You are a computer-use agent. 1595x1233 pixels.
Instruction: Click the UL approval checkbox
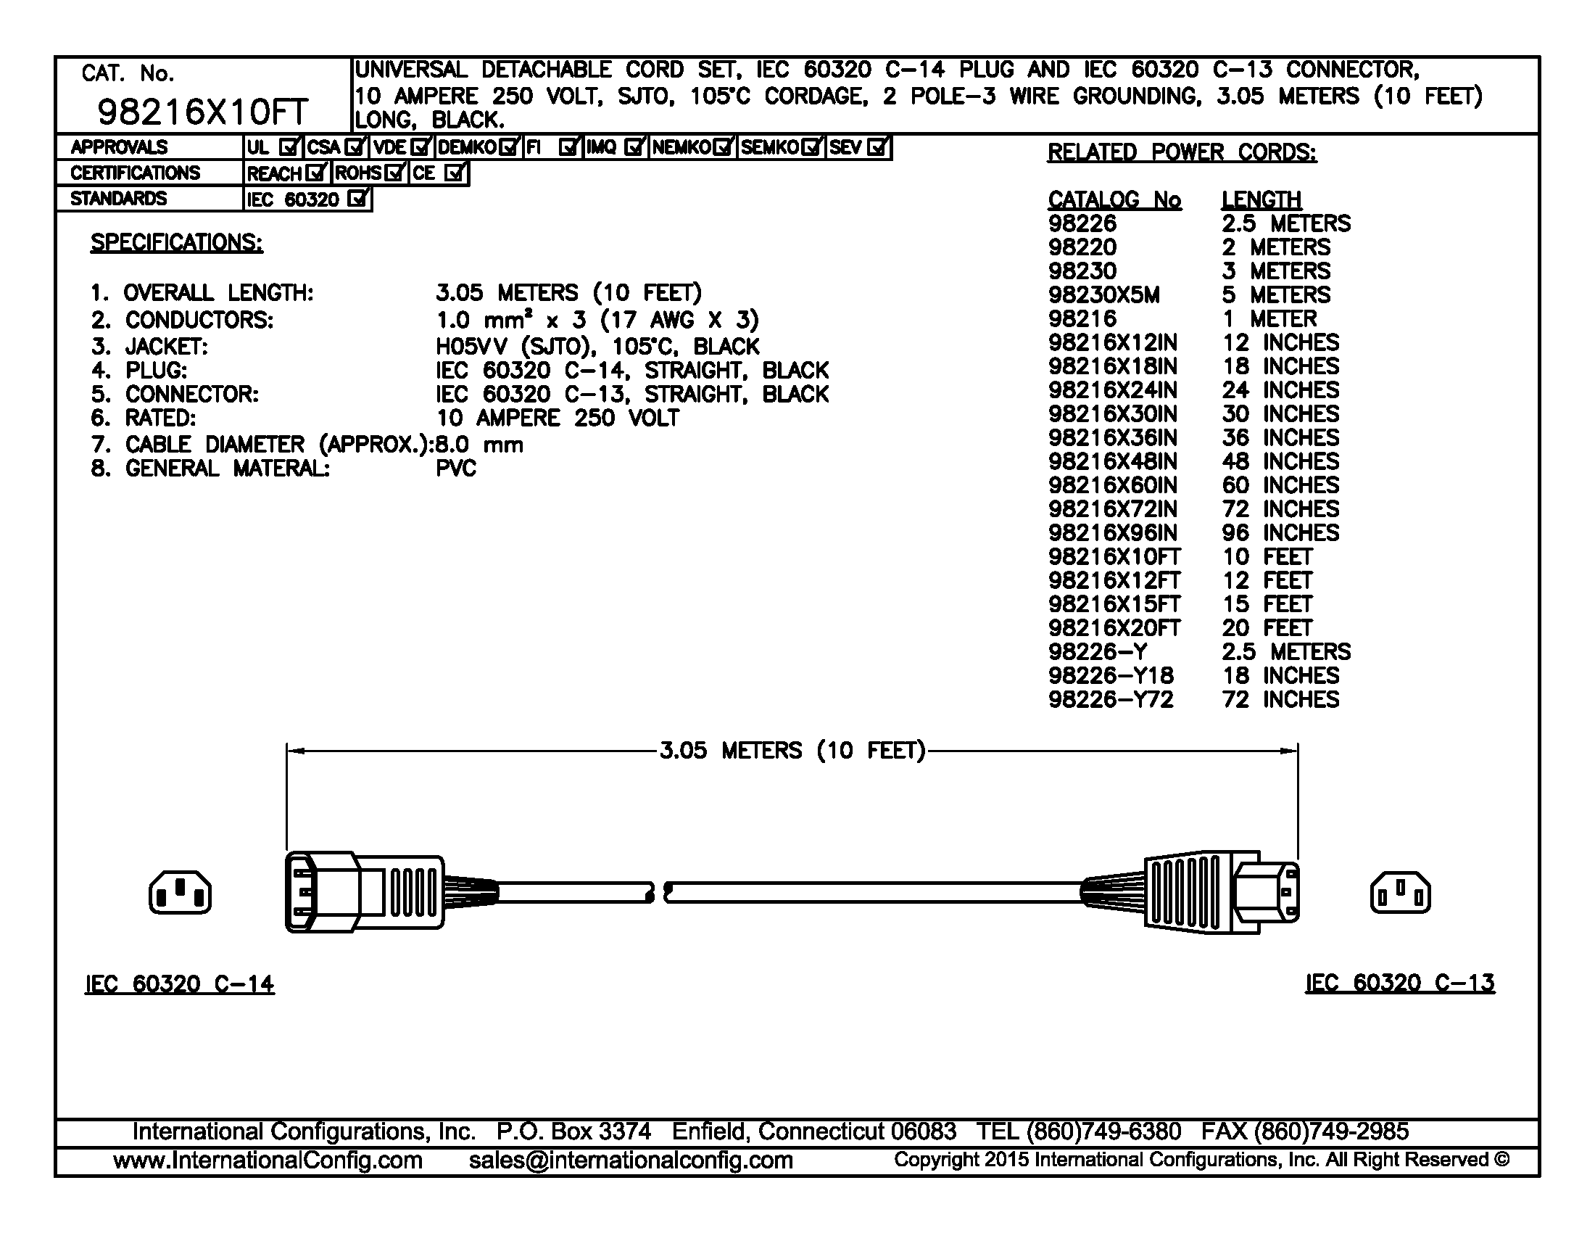click(x=289, y=147)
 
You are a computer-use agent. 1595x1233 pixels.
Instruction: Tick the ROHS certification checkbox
click(x=395, y=173)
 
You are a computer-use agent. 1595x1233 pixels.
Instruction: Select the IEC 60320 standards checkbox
click(x=357, y=199)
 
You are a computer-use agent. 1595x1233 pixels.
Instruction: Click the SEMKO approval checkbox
click(x=811, y=147)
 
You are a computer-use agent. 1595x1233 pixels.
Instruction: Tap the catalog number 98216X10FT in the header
click(x=202, y=112)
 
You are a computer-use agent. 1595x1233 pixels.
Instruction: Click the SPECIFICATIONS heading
click(x=176, y=242)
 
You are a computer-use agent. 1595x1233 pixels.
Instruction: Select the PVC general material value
click(x=456, y=469)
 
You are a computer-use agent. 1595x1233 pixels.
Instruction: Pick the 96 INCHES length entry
click(x=1280, y=532)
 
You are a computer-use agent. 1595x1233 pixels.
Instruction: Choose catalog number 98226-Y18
click(x=1110, y=676)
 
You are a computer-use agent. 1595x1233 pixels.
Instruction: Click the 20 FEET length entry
click(x=1267, y=628)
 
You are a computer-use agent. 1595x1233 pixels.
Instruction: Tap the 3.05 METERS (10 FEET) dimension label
click(x=792, y=751)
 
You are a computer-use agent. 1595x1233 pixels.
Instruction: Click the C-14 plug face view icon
click(x=180, y=893)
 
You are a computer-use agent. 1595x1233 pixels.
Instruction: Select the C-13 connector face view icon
click(x=1400, y=893)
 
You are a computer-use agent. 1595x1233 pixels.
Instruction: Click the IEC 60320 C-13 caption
click(x=1399, y=983)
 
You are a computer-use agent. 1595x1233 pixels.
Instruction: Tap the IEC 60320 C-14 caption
click(x=180, y=985)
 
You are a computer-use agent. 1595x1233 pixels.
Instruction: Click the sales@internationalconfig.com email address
click(x=630, y=1160)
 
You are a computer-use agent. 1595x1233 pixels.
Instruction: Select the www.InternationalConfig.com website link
click(x=268, y=1160)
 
